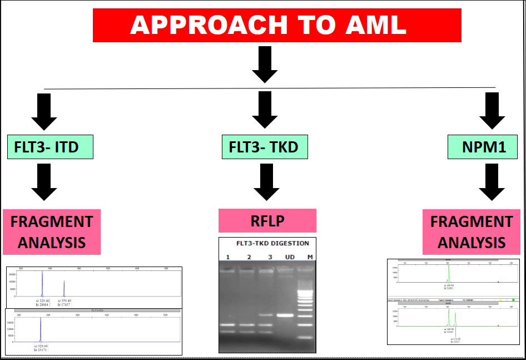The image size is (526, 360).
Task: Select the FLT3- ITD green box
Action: pos(51,147)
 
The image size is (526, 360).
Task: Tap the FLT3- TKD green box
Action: pos(264,147)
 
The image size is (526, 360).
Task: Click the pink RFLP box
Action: pos(267,220)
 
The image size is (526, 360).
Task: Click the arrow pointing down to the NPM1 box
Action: pos(492,111)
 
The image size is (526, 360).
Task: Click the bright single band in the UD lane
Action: pos(286,315)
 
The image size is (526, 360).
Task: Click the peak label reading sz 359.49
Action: pos(64,300)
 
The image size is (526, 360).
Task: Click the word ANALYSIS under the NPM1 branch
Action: pos(472,243)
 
